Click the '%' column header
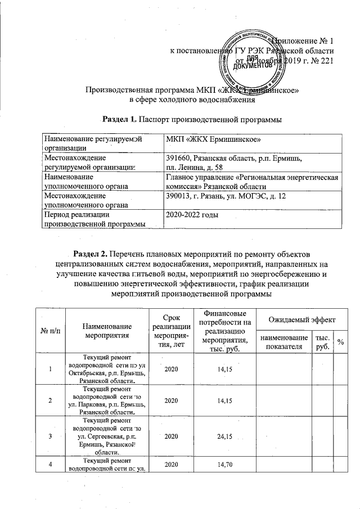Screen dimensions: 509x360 tap(340, 341)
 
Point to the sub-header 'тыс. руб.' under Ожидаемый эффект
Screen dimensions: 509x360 tap(323, 341)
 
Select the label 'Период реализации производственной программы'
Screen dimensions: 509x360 tap(93, 219)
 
